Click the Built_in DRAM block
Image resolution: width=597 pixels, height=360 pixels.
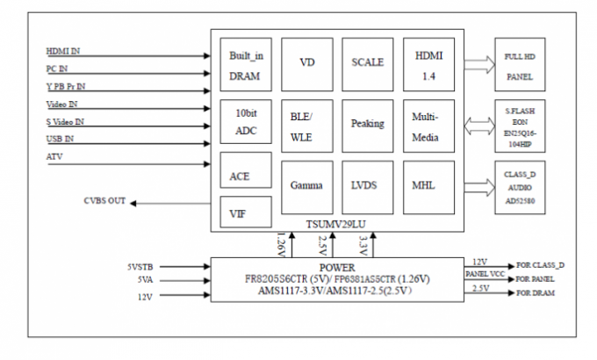[245, 65]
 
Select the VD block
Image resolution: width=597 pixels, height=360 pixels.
[307, 64]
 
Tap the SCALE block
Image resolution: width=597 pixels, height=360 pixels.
[367, 64]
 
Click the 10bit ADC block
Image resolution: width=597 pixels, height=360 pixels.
[245, 124]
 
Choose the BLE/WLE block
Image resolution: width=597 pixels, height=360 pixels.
[307, 124]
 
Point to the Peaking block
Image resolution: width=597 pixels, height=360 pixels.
[367, 124]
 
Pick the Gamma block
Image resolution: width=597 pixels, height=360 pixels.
[307, 185]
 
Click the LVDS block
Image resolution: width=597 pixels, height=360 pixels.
[367, 185]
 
